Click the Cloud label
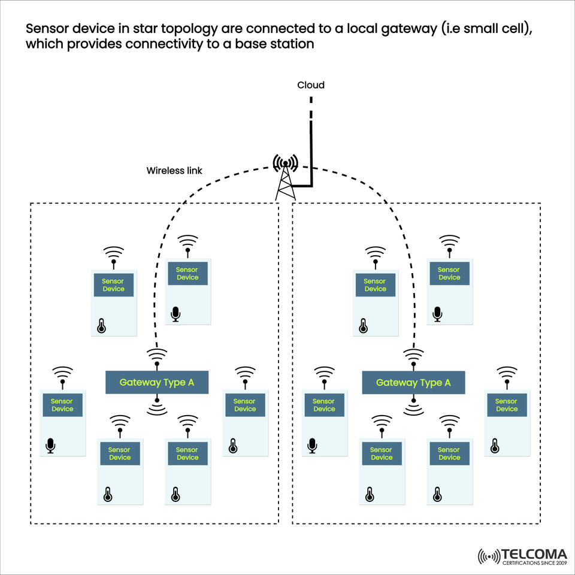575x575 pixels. point(311,85)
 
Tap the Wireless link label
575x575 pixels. point(174,171)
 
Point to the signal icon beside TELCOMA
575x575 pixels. point(489,557)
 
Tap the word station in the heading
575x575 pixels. point(293,45)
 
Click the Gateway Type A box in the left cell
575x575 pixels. point(157,382)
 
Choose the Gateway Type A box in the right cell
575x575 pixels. point(413,382)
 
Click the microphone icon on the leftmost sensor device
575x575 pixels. point(50,446)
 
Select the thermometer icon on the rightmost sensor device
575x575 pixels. point(495,446)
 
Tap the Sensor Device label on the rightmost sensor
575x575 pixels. point(506,405)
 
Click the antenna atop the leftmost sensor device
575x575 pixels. point(62,376)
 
